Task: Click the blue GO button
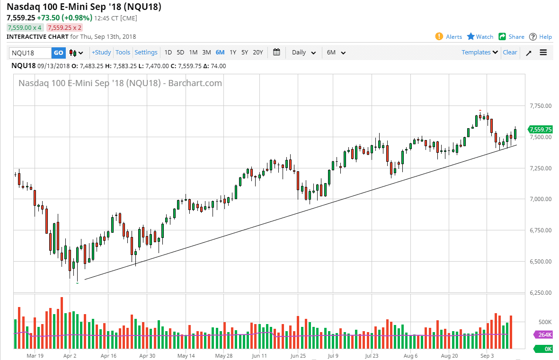(x=58, y=53)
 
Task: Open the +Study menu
(x=101, y=53)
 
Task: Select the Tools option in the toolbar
(x=123, y=53)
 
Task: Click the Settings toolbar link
(x=146, y=53)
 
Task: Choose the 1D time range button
(x=168, y=53)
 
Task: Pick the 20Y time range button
(x=257, y=53)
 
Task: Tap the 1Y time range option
(x=232, y=53)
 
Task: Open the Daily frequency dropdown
(x=303, y=53)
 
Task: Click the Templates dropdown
(x=479, y=53)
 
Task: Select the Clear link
(x=510, y=53)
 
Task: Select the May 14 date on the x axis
(x=186, y=355)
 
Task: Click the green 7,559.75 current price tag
(x=540, y=129)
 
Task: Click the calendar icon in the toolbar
(x=277, y=53)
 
